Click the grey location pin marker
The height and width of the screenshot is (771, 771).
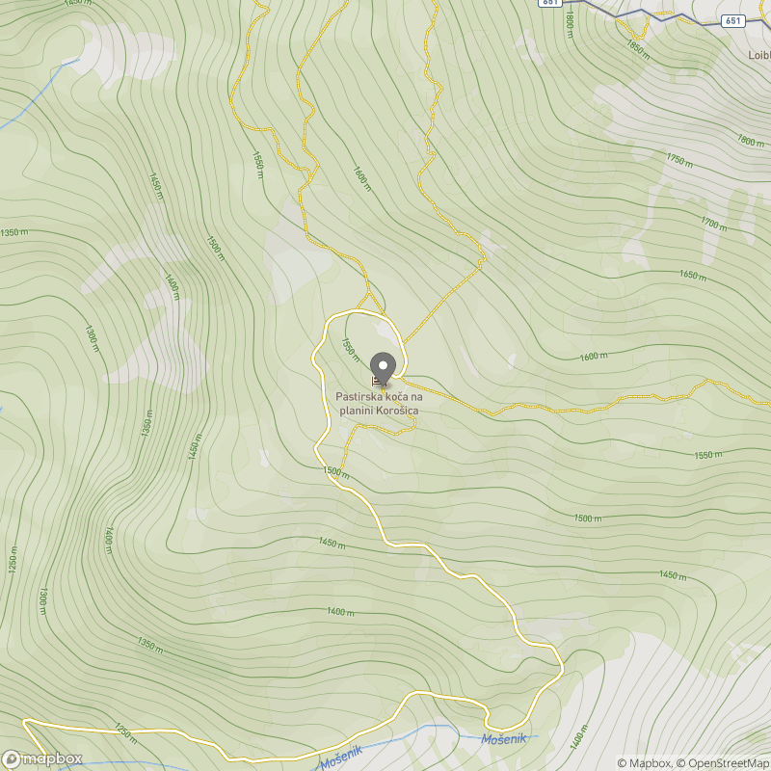[384, 367]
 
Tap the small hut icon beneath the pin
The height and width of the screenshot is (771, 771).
[377, 382]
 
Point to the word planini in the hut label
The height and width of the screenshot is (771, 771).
[355, 411]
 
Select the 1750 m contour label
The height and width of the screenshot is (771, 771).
[679, 160]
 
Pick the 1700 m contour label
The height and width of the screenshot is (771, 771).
[714, 224]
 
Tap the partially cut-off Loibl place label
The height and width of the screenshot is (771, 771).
[758, 55]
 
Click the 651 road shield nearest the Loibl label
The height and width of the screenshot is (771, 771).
[733, 20]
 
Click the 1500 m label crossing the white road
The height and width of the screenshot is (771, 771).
[335, 472]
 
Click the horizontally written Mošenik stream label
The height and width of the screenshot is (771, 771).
[510, 738]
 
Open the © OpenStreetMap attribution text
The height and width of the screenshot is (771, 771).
[724, 763]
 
